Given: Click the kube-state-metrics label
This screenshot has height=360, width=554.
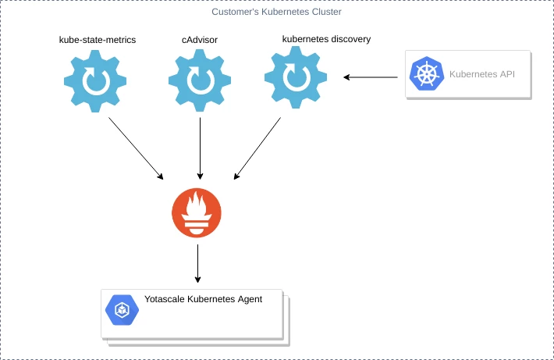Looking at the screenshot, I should click(x=98, y=39).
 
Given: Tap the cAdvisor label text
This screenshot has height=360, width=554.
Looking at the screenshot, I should click(x=200, y=39).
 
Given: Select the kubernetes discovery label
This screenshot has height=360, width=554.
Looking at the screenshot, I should click(x=326, y=38).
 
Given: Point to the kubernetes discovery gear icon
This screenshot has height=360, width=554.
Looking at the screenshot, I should click(x=295, y=78).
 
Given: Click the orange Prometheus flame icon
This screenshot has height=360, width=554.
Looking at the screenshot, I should click(x=197, y=212).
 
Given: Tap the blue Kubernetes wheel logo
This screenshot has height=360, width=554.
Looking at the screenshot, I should click(x=427, y=75).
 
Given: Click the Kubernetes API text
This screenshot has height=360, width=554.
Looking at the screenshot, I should click(x=481, y=75).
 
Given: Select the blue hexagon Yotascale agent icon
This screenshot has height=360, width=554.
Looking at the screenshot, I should click(x=123, y=310).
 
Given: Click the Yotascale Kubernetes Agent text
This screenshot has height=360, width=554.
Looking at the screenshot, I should click(x=203, y=299).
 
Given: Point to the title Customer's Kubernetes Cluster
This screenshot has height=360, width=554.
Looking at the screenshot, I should click(x=276, y=12).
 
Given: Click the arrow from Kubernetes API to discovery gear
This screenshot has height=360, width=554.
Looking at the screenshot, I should click(x=373, y=77).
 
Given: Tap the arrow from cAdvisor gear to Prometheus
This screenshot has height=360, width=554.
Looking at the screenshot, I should click(x=201, y=148).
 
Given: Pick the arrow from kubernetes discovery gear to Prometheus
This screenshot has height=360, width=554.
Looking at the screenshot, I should click(x=257, y=148).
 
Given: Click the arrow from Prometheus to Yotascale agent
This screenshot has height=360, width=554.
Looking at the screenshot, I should click(x=197, y=263).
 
